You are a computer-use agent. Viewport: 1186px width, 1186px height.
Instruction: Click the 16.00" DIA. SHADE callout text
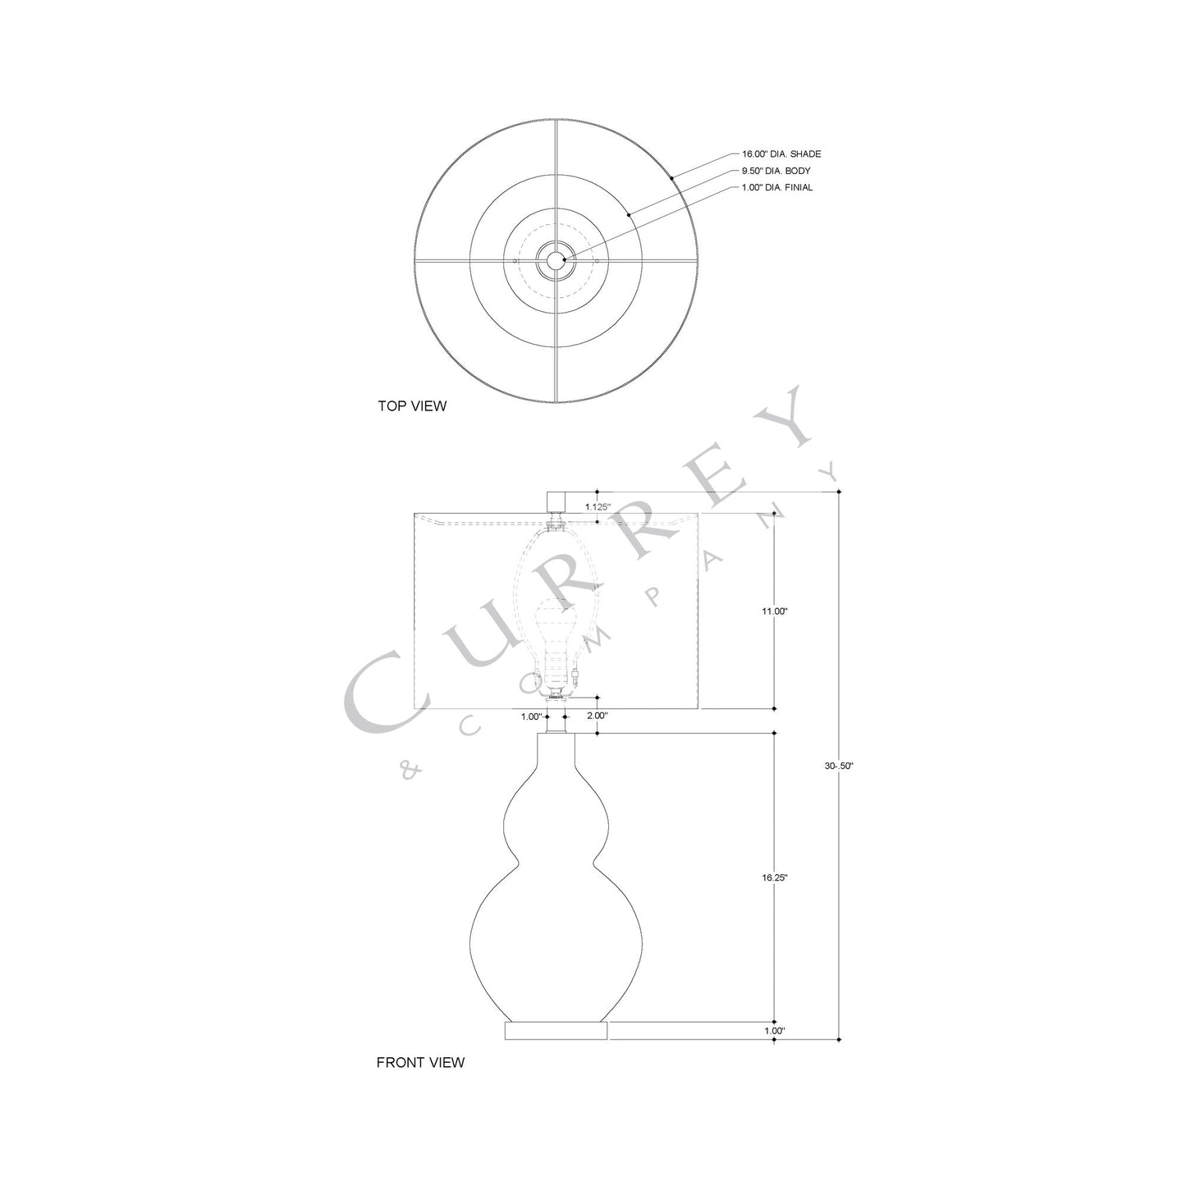pos(781,154)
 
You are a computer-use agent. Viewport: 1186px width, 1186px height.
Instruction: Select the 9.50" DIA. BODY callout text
pos(776,171)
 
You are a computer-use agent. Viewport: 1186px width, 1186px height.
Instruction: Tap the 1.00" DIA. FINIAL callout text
pos(776,188)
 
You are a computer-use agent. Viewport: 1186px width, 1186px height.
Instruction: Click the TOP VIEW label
pos(412,405)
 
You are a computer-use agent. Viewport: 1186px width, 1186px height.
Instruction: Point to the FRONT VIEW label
pos(420,1062)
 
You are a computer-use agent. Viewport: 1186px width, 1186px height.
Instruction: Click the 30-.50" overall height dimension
pos(839,766)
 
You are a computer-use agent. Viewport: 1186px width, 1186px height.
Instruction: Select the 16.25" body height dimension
pos(775,877)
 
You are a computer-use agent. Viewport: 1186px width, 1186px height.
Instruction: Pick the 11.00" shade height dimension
pos(775,611)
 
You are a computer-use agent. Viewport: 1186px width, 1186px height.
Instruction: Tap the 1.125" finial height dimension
pos(598,507)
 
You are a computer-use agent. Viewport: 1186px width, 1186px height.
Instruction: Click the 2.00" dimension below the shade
pos(598,716)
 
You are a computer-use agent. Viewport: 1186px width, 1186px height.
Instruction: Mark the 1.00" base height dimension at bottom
pos(775,1030)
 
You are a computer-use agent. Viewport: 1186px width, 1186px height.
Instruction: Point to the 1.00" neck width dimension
pos(532,717)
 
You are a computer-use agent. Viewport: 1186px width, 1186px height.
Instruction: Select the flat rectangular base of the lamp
pos(556,1030)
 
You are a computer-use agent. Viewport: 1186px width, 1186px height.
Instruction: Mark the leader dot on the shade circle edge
pos(671,177)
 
